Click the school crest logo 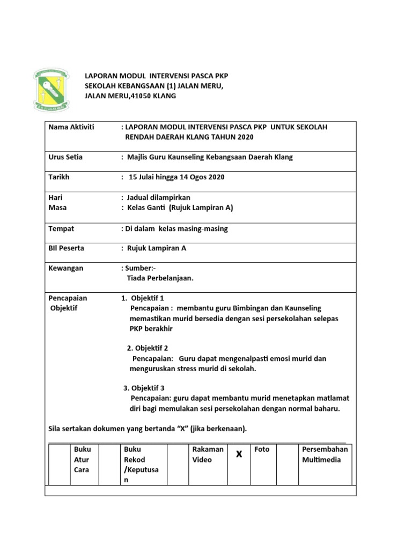coord(51,90)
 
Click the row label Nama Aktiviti coord(71,127)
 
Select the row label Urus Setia coord(65,157)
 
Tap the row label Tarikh coord(59,177)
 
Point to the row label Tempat coord(61,229)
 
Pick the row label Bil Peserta coord(66,248)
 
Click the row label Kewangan coord(66,268)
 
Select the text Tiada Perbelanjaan coord(160,278)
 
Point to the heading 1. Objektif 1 coord(143,298)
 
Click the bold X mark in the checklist coord(239,454)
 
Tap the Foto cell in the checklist coord(262,449)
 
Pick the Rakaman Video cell coord(208,454)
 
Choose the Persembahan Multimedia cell coord(325,454)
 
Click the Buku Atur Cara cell coord(83,459)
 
